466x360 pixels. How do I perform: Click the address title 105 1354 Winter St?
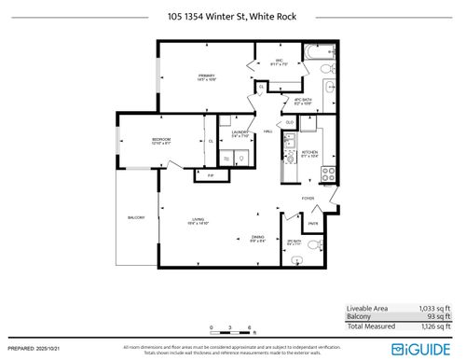[232, 16]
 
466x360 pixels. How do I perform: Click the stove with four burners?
[327, 173]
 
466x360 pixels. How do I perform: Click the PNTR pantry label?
[314, 223]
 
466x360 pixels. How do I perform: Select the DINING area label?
[257, 239]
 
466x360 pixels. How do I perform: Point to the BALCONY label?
[136, 218]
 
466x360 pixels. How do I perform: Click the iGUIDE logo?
[424, 348]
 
